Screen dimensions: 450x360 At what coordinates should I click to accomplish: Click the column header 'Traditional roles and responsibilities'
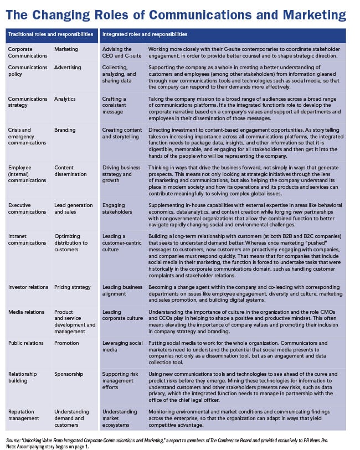tap(50, 34)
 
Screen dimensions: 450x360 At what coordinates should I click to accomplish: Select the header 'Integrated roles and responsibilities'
tap(145, 34)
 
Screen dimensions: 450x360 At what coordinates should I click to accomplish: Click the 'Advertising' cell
tap(68, 68)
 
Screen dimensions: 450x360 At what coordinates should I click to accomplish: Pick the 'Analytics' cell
tap(65, 99)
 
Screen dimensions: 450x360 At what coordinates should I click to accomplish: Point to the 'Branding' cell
tap(65, 130)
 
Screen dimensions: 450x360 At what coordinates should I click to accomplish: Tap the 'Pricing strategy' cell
tap(73, 287)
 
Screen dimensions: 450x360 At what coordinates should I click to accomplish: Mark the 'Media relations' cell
tap(26, 312)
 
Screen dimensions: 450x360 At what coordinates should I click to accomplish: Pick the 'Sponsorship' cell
tap(69, 374)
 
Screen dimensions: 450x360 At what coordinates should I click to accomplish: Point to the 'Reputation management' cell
tap(26, 415)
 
